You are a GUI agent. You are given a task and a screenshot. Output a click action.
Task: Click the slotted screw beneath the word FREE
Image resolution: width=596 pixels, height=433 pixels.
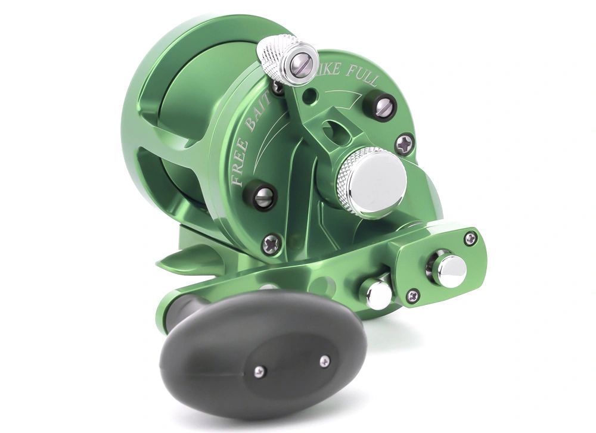(x=265, y=196)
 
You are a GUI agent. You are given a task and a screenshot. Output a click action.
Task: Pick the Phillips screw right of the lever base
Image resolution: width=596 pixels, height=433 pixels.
(x=406, y=144)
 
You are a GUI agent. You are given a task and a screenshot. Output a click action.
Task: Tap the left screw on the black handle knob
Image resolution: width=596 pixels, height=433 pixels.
(x=257, y=370)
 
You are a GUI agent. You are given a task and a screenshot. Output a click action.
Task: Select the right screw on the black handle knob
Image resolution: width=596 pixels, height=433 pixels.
(x=325, y=360)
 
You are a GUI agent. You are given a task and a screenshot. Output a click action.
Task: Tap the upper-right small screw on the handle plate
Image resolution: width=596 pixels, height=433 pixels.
(x=470, y=238)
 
